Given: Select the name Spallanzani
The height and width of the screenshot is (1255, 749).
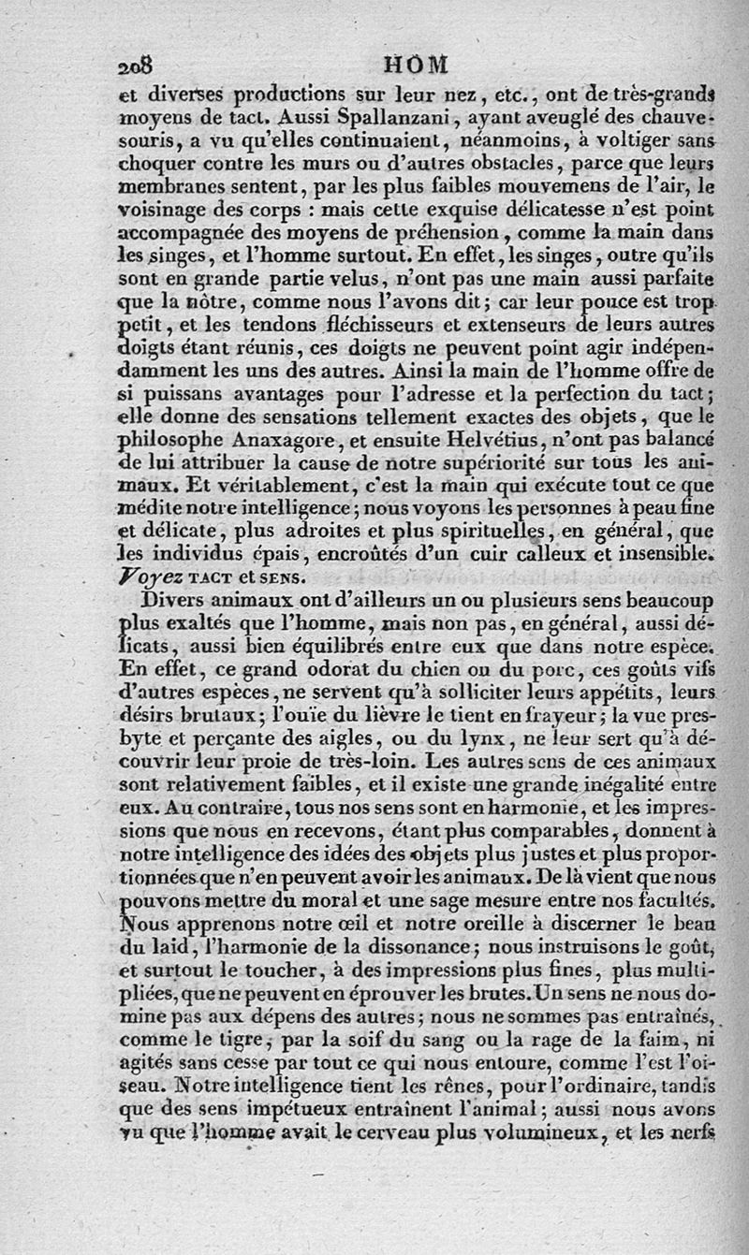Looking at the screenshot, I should (360, 117).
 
